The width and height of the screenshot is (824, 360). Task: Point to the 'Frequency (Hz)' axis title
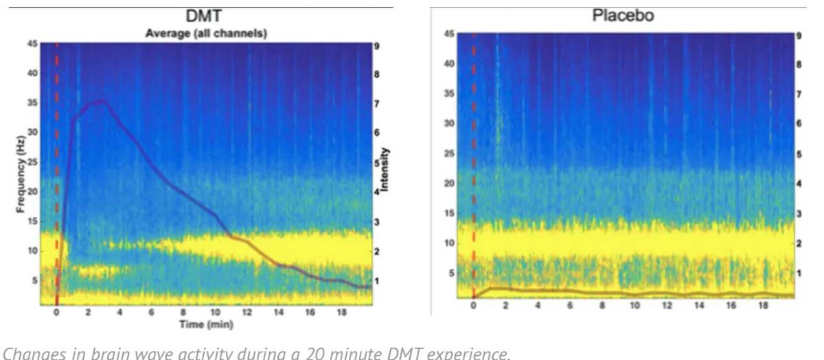23,176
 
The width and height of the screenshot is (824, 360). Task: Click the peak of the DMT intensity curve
102,100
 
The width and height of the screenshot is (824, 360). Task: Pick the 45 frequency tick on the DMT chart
32,43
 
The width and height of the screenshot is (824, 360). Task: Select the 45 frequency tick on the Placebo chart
449,34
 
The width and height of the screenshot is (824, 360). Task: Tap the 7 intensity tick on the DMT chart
376,104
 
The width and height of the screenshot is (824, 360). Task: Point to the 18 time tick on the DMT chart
342,313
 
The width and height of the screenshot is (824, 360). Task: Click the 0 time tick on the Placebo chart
473,304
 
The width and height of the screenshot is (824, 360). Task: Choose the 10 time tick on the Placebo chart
635,304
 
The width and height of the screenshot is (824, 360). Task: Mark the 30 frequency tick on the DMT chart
32,132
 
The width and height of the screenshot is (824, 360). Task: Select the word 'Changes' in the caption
27,353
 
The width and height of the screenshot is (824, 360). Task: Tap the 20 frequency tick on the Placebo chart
449,183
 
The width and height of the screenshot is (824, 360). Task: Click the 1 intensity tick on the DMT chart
376,281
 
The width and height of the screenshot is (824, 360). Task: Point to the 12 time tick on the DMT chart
247,313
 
